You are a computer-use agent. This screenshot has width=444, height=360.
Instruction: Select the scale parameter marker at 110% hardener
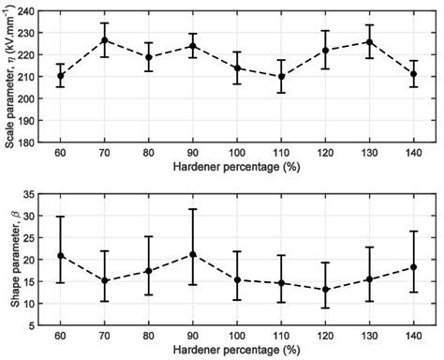(x=281, y=77)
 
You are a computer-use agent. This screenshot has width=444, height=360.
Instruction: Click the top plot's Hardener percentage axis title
(x=243, y=167)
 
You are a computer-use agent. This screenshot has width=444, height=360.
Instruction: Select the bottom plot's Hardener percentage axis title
(x=243, y=351)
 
